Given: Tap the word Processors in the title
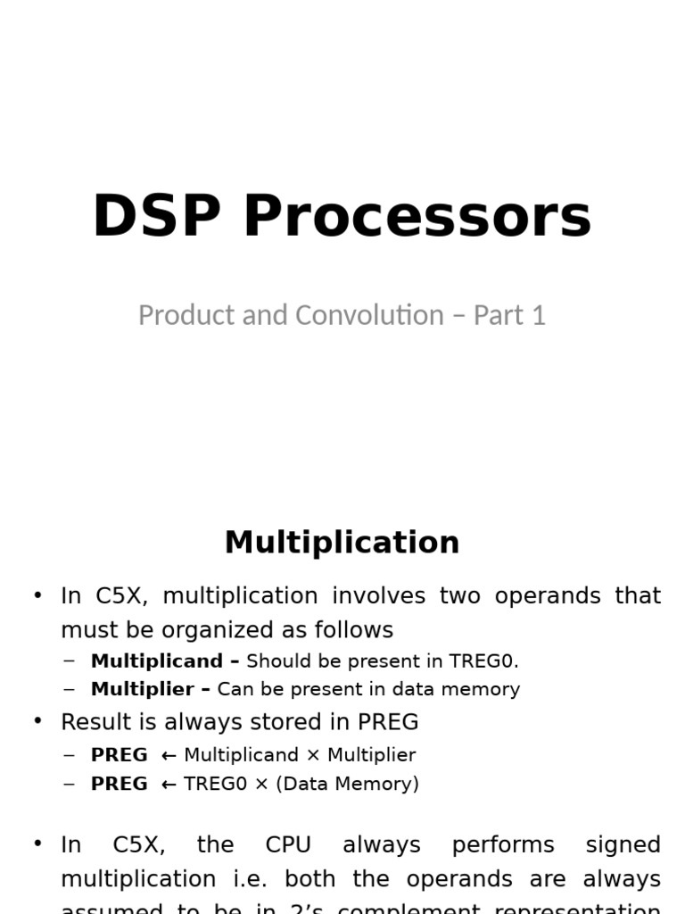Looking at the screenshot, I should click(417, 218).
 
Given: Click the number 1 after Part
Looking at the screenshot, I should click(537, 315).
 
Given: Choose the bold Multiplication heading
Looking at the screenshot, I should click(342, 543).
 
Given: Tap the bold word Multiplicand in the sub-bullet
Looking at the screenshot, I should click(156, 661).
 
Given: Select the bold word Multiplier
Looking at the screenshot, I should click(142, 689).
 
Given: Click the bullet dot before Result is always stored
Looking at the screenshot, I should click(37, 721).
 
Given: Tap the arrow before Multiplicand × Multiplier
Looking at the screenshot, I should click(169, 755).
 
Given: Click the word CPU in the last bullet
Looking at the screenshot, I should click(289, 844).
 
